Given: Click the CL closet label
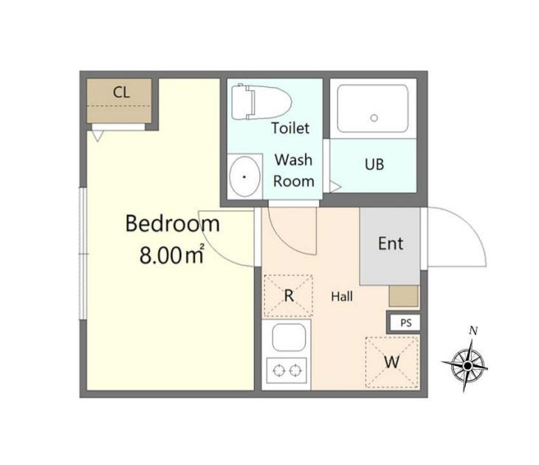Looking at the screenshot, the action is click(x=121, y=92).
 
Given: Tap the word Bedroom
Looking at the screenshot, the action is click(x=173, y=224).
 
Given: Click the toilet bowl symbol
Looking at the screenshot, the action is click(x=261, y=102).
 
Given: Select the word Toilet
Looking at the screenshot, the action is click(x=290, y=128).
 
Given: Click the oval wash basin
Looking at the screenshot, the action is click(x=244, y=176).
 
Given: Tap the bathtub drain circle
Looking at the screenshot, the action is click(x=374, y=118).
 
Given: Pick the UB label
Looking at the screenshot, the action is click(x=374, y=165).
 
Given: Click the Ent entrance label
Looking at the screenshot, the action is click(x=391, y=244).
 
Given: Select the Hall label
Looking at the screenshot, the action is click(x=342, y=297).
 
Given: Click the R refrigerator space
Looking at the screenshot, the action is click(x=289, y=295).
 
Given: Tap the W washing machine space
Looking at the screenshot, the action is click(x=392, y=362).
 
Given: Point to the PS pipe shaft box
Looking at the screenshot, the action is click(x=405, y=323).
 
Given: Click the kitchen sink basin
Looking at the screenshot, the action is click(x=289, y=337).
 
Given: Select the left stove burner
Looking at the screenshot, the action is click(x=279, y=371).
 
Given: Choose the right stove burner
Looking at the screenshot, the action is click(x=295, y=371).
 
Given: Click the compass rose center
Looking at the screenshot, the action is click(x=467, y=365).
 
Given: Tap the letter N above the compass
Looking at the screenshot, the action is click(x=473, y=331).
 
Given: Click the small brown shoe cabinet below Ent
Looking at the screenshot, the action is click(x=404, y=295).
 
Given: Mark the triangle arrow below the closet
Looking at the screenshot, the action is click(x=97, y=136).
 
